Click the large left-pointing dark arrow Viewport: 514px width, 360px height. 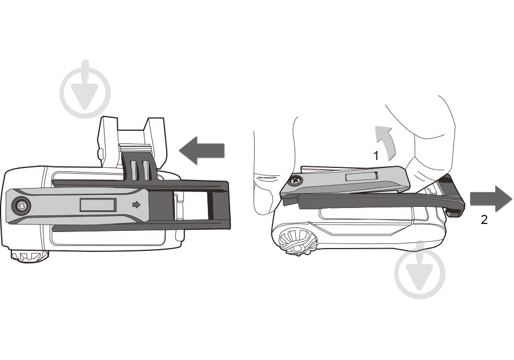click(202, 150)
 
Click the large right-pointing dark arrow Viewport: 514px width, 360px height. click(491, 199)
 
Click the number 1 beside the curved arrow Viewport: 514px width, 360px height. click(376, 155)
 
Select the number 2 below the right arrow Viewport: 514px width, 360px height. click(484, 219)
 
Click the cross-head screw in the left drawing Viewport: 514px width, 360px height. click(22, 206)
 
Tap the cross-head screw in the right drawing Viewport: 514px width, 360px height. click(296, 180)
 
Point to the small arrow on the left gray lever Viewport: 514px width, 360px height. click(136, 205)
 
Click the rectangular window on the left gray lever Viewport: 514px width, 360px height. click(98, 205)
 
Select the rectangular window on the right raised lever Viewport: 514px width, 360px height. click(362, 177)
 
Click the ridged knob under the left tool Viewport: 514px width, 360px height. click(29, 255)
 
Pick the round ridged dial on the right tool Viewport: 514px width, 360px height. click(298, 242)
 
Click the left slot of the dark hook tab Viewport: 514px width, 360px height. click(134, 170)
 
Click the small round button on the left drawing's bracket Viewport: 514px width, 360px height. click(101, 153)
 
